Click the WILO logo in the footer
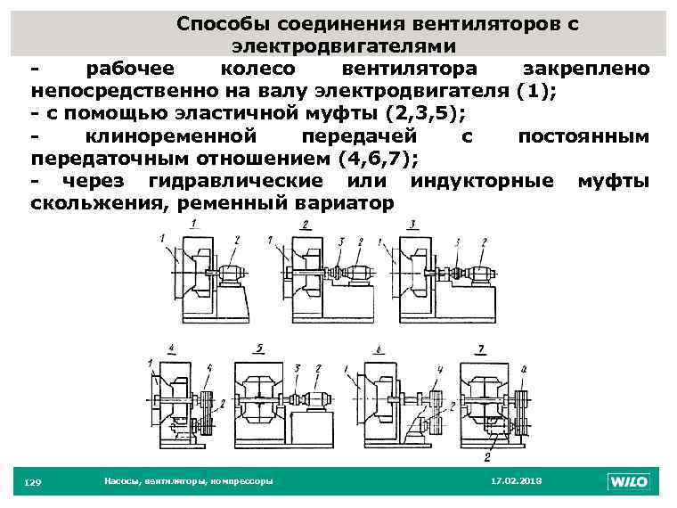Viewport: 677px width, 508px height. pos(629,482)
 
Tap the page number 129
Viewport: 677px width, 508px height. pos(32,482)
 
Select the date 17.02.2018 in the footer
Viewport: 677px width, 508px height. pos(517,481)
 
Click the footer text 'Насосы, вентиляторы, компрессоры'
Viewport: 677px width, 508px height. pos(188,481)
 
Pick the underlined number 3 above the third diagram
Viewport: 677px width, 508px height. pos(412,225)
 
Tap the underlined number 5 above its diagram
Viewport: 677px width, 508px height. pos(258,347)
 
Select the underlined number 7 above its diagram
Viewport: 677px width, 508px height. pos(481,347)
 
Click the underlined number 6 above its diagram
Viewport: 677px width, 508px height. pos(379,350)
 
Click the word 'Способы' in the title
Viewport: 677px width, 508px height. pos(221,24)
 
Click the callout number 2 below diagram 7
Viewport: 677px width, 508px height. pos(486,457)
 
